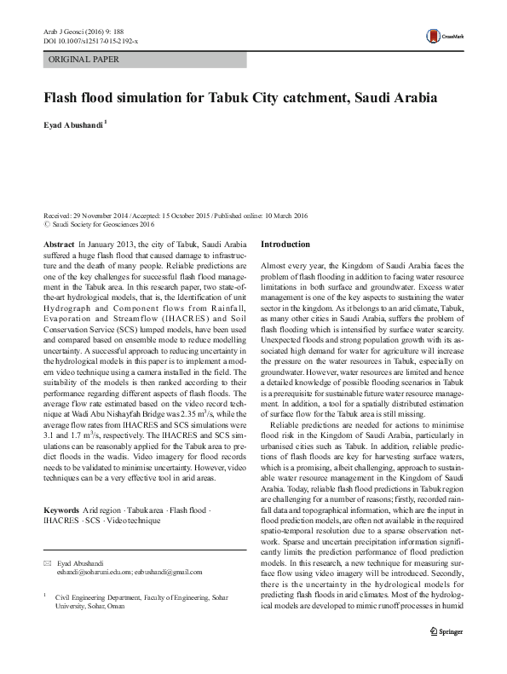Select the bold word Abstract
point(58,244)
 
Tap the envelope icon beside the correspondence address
point(47,566)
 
